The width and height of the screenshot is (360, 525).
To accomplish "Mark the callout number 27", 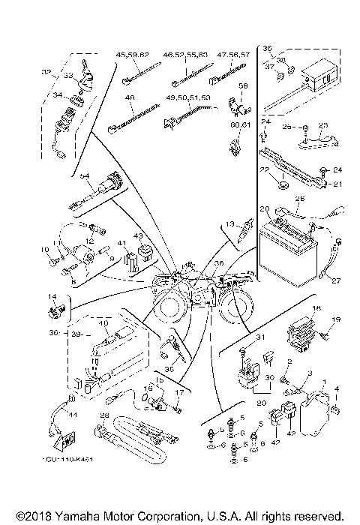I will click(335, 281).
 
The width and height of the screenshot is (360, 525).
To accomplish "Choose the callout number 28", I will click(105, 415).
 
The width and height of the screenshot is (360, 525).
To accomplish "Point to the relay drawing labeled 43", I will click(139, 254).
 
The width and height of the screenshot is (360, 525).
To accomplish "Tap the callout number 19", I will click(336, 320).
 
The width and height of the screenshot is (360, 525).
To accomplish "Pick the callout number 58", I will click(242, 88).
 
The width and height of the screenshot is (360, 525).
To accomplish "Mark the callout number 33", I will click(68, 75).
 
